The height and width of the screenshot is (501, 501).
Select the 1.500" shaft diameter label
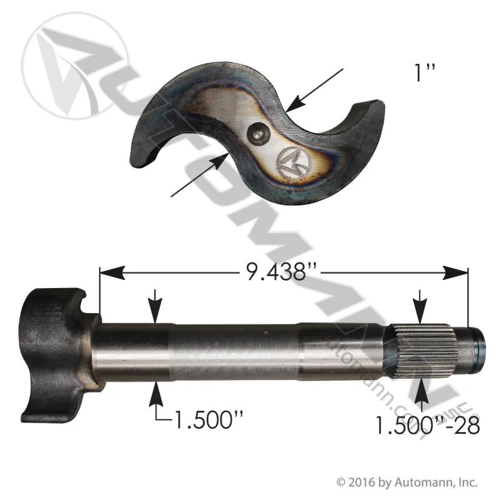(x=208, y=419)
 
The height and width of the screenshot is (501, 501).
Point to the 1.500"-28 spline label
(x=427, y=425)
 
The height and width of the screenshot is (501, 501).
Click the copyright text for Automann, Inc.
(x=407, y=482)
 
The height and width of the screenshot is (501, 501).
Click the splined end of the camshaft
(x=424, y=351)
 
